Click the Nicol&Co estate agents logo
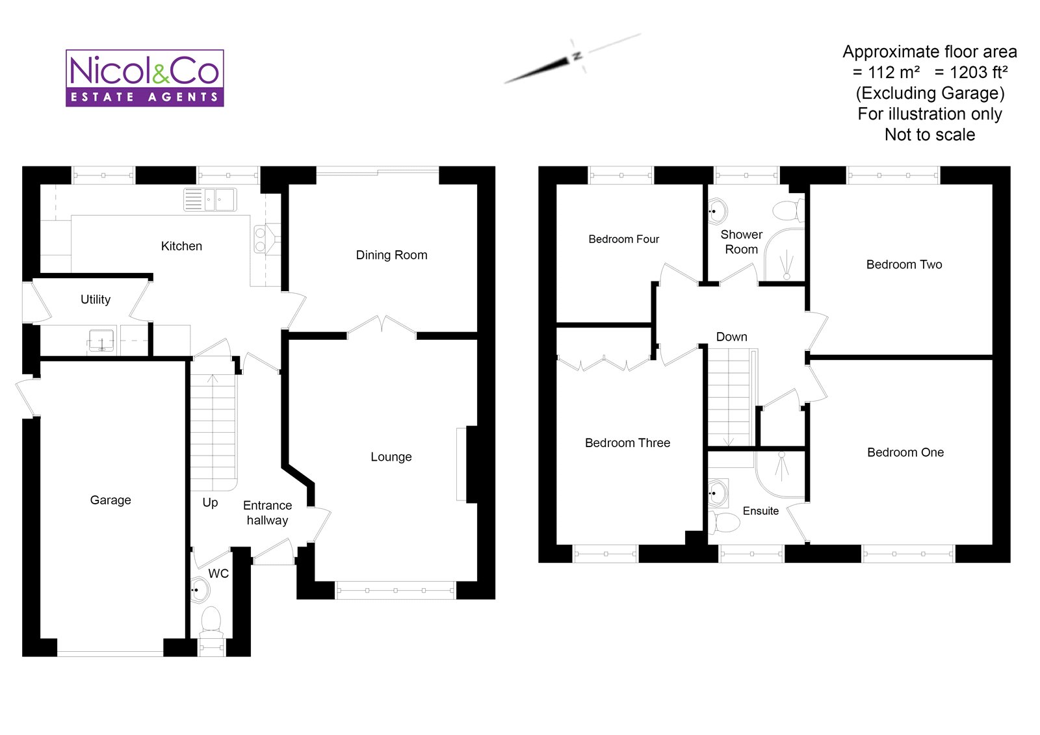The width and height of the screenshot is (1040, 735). tap(145, 78)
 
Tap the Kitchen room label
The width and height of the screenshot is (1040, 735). tap(181, 246)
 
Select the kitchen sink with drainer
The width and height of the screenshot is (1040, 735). tap(210, 200)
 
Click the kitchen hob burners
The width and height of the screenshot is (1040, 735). tap(260, 239)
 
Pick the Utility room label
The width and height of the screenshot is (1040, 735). tap(96, 300)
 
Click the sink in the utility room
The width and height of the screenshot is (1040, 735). tap(101, 340)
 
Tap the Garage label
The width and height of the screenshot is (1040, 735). tap(110, 500)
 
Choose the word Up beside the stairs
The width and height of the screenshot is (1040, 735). tap(210, 502)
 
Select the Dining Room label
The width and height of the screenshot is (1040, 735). tap(391, 255)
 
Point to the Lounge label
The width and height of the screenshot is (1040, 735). tap(391, 457)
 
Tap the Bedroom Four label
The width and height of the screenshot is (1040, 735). tap(623, 239)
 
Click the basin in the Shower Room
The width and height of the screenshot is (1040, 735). tap(717, 211)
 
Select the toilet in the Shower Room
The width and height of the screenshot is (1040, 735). tap(788, 210)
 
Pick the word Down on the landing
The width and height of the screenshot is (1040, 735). tap(731, 337)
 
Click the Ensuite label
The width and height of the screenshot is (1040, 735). tap(760, 511)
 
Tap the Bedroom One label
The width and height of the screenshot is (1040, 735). tap(905, 452)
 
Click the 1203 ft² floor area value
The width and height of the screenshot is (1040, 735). tap(971, 72)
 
